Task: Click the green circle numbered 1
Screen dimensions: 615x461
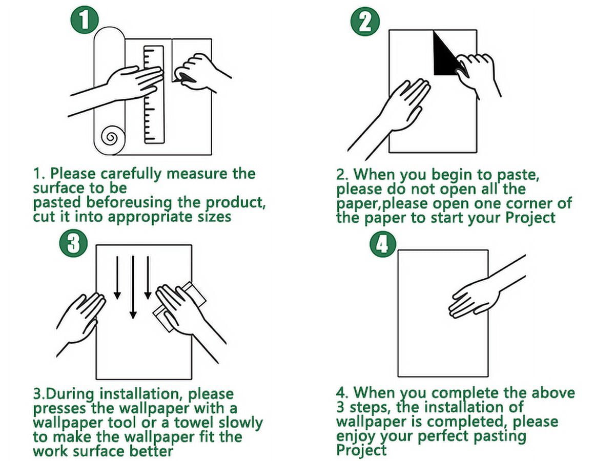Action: click(85, 19)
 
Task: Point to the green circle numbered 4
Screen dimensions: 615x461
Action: click(382, 246)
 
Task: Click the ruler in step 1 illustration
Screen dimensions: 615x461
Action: click(154, 95)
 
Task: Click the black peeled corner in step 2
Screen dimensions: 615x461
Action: click(446, 53)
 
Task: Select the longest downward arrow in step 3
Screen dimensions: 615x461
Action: click(133, 287)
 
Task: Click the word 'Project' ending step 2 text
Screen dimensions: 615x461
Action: click(530, 218)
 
